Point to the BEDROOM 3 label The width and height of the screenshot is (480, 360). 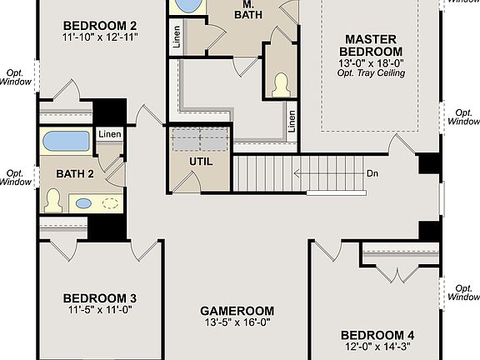tap(100, 298)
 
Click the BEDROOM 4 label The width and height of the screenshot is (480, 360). tap(377, 336)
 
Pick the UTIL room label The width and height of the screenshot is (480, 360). tap(202, 162)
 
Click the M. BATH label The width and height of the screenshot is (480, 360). tap(245, 9)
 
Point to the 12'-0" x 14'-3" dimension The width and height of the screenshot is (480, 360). tap(377, 348)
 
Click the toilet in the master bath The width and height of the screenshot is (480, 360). tap(281, 83)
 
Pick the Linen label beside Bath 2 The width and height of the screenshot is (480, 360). tap(109, 134)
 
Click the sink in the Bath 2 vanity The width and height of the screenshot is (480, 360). tap(84, 202)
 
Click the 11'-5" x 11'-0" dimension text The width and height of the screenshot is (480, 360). tap(100, 311)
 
